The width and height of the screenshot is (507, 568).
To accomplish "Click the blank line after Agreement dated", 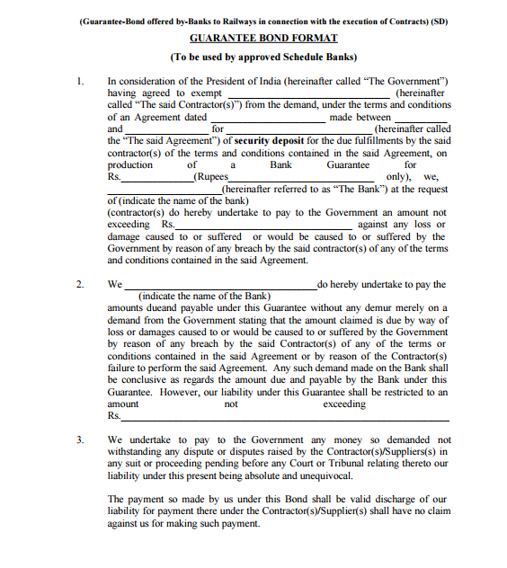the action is point(267,119).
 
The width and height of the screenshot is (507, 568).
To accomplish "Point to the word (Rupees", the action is point(204,177).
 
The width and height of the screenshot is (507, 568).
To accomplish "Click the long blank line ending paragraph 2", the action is point(285,419).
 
